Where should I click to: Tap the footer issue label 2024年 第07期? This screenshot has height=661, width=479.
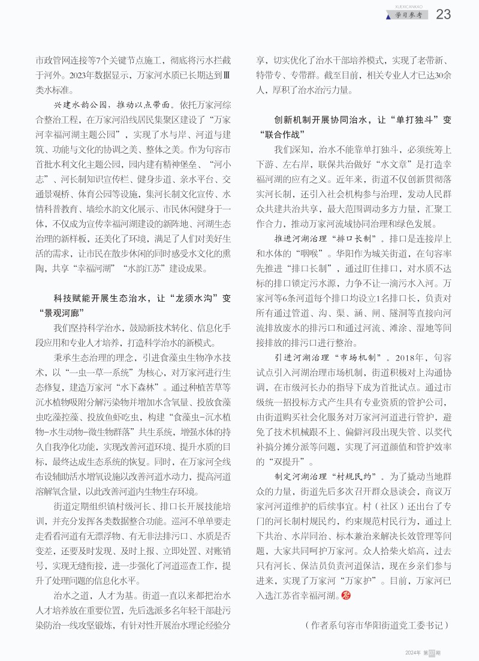423,652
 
